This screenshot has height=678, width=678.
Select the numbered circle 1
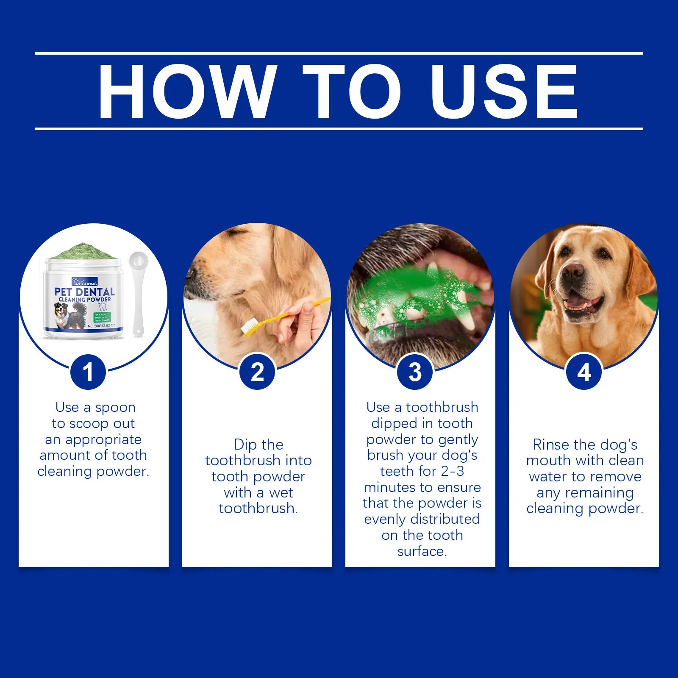click(x=88, y=372)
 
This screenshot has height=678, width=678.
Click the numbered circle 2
click(x=257, y=372)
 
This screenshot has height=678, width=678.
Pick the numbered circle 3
click(x=415, y=372)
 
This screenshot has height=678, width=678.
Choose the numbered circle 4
click(x=584, y=372)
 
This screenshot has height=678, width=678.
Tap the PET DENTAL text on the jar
click(x=84, y=292)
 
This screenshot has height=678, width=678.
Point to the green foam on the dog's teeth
click(x=394, y=292)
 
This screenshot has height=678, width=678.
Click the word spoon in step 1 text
click(x=115, y=408)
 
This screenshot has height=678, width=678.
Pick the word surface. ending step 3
click(x=422, y=551)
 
